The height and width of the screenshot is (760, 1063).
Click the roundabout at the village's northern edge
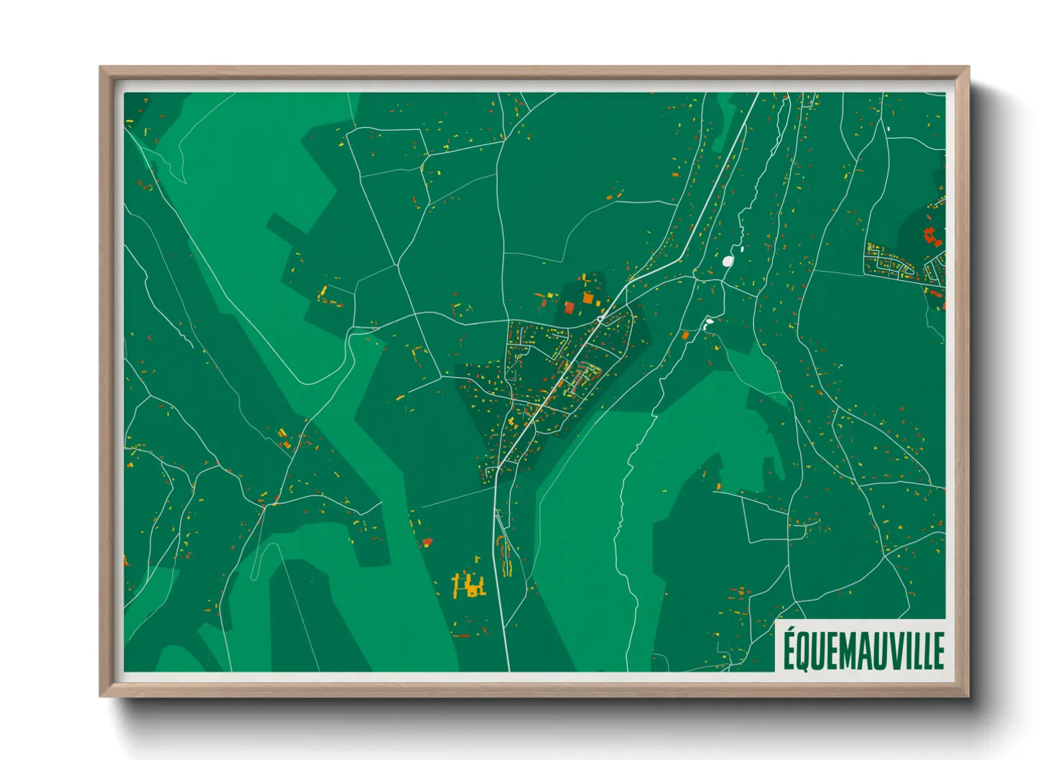pos(600,318)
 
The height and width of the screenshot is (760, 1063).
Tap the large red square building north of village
pos(570,308)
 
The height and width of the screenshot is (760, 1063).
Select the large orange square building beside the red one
pos(588,298)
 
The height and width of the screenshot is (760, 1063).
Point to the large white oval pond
pos(728,261)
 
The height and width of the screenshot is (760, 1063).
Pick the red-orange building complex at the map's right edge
pos(932,236)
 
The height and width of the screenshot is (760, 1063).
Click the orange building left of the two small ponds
pos(686,335)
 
